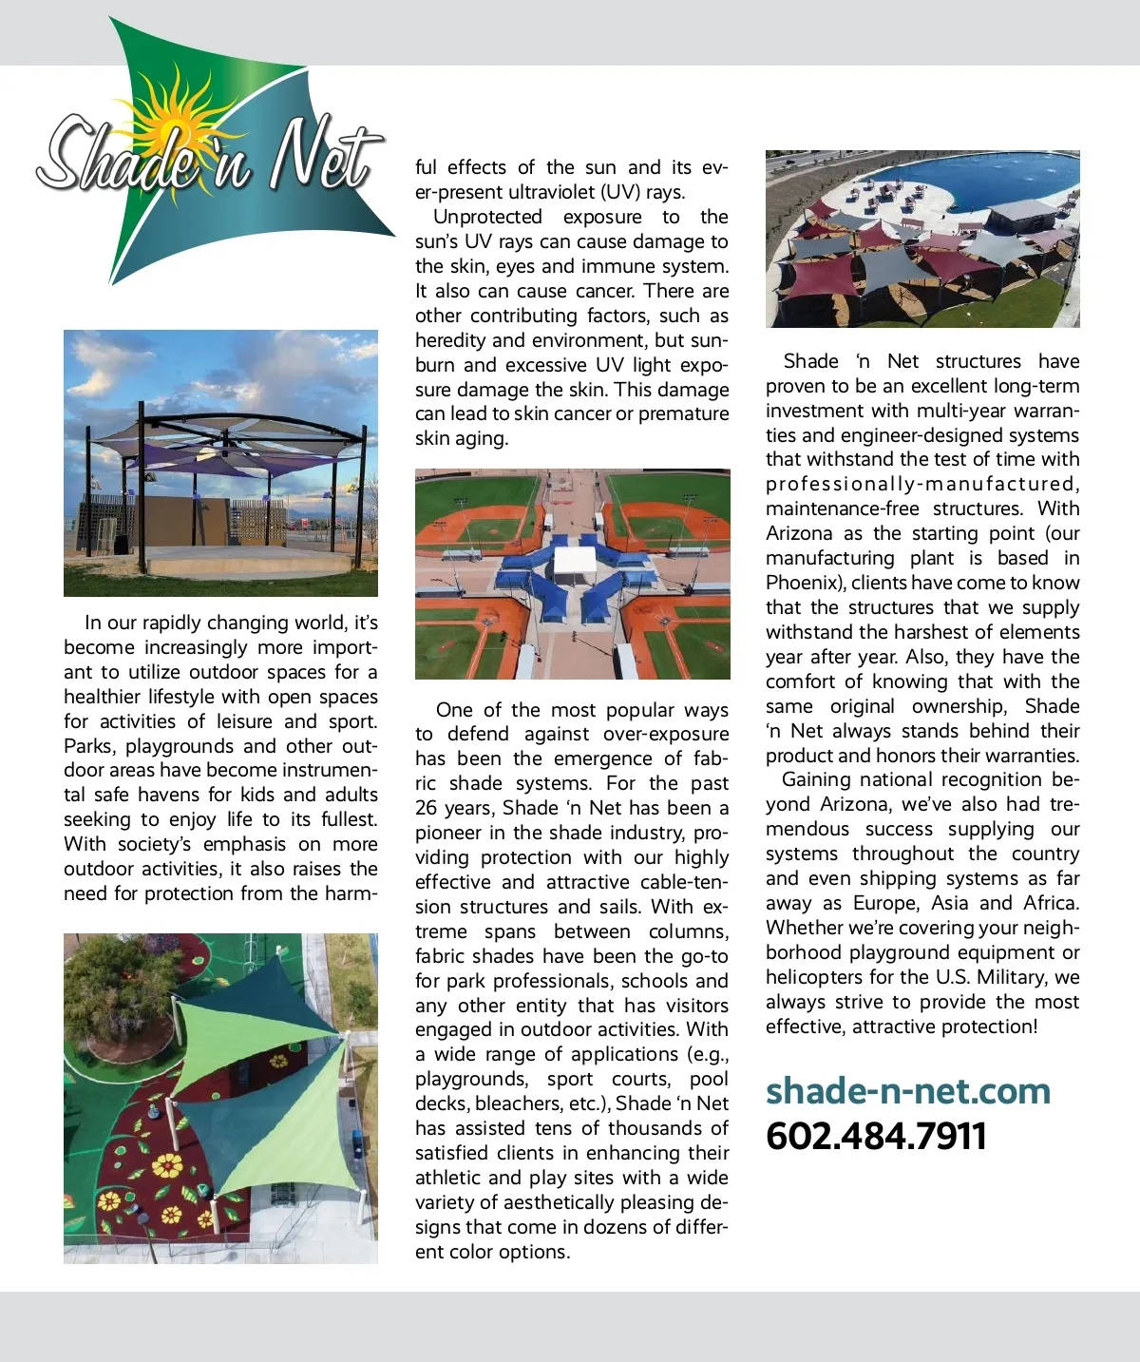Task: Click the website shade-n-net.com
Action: [x=908, y=1091]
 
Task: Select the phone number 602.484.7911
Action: [x=876, y=1136]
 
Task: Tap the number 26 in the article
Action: [x=427, y=808]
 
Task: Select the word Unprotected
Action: [x=487, y=217]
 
